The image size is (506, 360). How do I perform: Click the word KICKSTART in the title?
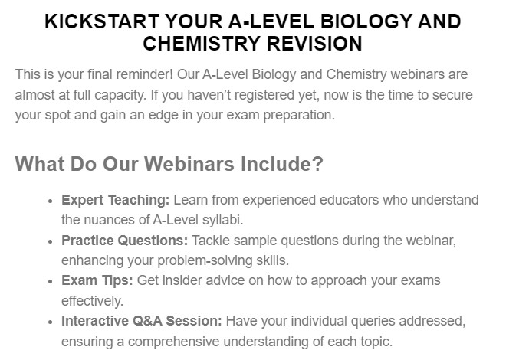[102, 21]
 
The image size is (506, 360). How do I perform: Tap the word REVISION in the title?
[314, 44]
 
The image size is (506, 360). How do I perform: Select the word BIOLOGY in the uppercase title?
[366, 21]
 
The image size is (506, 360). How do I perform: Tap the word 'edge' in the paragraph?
[163, 115]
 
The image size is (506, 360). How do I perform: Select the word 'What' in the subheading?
[40, 164]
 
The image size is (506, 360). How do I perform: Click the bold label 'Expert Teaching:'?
[115, 201]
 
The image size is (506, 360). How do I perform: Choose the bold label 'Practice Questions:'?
[124, 241]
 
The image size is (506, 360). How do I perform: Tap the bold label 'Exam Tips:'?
[97, 280]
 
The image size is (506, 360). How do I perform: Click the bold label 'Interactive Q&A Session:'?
[142, 322]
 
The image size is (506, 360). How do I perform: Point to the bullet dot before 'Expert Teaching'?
[50, 201]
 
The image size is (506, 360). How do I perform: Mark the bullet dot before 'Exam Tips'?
[50, 281]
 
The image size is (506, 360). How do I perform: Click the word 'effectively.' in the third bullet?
[93, 301]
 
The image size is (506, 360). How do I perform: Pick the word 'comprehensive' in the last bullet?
[173, 342]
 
